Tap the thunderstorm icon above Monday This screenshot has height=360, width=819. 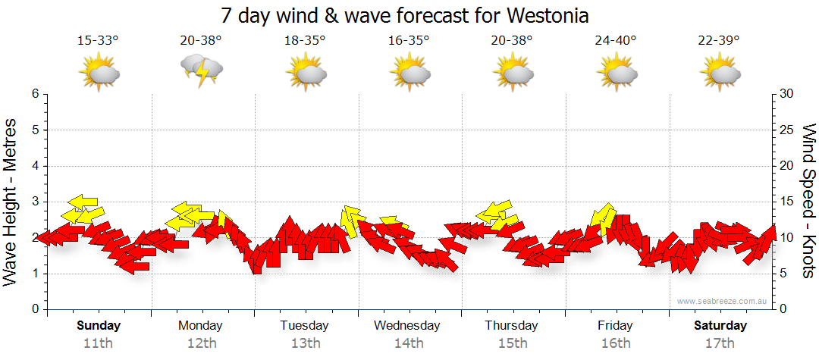click(x=202, y=73)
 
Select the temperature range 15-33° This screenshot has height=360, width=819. click(x=98, y=41)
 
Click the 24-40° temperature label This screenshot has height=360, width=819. click(x=615, y=41)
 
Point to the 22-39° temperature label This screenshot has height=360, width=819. click(x=719, y=41)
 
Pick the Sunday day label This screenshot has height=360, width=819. click(x=99, y=326)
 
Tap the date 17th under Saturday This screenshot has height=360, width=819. click(x=720, y=343)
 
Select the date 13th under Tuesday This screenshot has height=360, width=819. click(x=306, y=343)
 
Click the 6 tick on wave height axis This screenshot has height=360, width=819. click(x=34, y=94)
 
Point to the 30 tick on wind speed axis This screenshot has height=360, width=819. click(x=786, y=94)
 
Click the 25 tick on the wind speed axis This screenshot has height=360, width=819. click(x=786, y=130)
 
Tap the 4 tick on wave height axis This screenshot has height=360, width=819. click(x=34, y=166)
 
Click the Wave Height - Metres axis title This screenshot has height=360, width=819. click(x=11, y=202)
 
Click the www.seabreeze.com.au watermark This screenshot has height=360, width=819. click(x=723, y=301)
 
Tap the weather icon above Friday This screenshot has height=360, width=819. click(x=615, y=73)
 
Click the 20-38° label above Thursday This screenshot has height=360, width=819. click(x=512, y=41)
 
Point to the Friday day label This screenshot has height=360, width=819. click(x=615, y=326)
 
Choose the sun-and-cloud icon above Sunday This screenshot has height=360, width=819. click(x=99, y=73)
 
